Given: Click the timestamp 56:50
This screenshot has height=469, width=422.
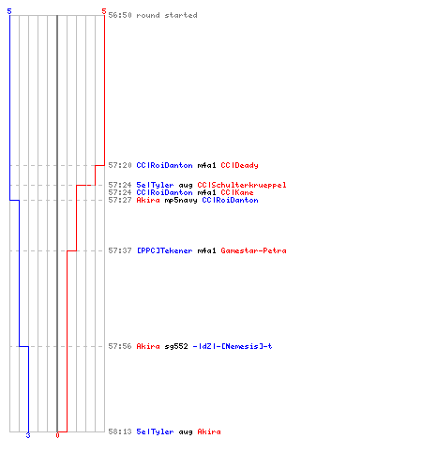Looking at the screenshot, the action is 120,15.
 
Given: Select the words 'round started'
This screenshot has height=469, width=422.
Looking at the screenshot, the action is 167,15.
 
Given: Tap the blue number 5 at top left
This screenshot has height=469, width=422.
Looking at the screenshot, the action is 9,11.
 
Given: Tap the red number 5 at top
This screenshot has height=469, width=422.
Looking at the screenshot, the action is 104,11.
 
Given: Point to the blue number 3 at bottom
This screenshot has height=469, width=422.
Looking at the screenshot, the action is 28,435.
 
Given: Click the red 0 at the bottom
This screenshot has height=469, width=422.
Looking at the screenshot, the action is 57,435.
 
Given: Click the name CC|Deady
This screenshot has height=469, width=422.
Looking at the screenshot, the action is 240,165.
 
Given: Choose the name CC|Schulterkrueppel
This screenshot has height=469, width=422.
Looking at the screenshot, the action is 242,185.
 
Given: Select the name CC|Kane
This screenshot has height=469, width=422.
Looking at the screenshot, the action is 237,192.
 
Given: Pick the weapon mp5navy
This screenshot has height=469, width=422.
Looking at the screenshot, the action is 181,200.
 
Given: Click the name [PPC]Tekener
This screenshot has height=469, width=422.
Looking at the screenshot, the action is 165,250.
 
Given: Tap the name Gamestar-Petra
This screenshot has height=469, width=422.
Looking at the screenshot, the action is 254,250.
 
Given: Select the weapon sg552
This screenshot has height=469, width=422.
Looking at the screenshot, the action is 176,346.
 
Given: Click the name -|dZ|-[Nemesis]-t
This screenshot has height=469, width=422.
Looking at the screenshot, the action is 233,346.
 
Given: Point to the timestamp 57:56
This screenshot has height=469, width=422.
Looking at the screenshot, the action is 120,346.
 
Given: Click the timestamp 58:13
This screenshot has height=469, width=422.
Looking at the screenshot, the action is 120,431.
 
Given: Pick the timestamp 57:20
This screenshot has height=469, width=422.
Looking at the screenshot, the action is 120,165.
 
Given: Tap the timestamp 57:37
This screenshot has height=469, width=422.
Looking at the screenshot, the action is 120,250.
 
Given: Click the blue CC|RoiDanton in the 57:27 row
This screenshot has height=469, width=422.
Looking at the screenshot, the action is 231,200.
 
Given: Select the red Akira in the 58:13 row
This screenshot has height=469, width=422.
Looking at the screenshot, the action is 209,431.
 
